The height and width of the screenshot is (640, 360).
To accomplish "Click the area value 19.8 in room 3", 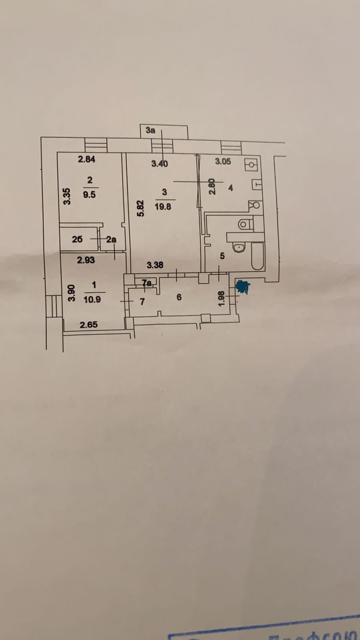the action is point(163,207).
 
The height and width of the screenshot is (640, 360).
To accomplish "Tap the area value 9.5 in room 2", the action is point(89,194).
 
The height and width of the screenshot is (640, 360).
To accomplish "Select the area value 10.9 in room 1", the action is point(92,299).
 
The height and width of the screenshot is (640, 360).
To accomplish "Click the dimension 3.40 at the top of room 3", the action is point(160,163).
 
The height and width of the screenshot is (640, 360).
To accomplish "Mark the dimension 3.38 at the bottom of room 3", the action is point(155,265).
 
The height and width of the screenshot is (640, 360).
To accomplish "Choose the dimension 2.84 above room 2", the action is point(86,159).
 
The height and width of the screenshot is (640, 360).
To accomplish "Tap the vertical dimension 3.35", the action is point(68,196).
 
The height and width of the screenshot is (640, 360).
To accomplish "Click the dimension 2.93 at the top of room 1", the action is point(86,260).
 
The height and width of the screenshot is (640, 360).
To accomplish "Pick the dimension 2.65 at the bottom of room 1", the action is point(88,324).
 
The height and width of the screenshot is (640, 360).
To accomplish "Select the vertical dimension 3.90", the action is point(71,292).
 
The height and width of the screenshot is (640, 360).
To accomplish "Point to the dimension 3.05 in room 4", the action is point(223,162).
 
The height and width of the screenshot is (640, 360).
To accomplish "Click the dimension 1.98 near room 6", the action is point(223,298).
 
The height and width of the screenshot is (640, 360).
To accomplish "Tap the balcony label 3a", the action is point(150,130).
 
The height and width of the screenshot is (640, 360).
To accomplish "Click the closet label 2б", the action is point(77,239).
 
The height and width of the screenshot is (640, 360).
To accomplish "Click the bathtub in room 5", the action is point(257,256).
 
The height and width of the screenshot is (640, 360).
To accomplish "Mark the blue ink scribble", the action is point(242,287).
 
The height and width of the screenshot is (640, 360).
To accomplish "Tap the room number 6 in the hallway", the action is point(179,297).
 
